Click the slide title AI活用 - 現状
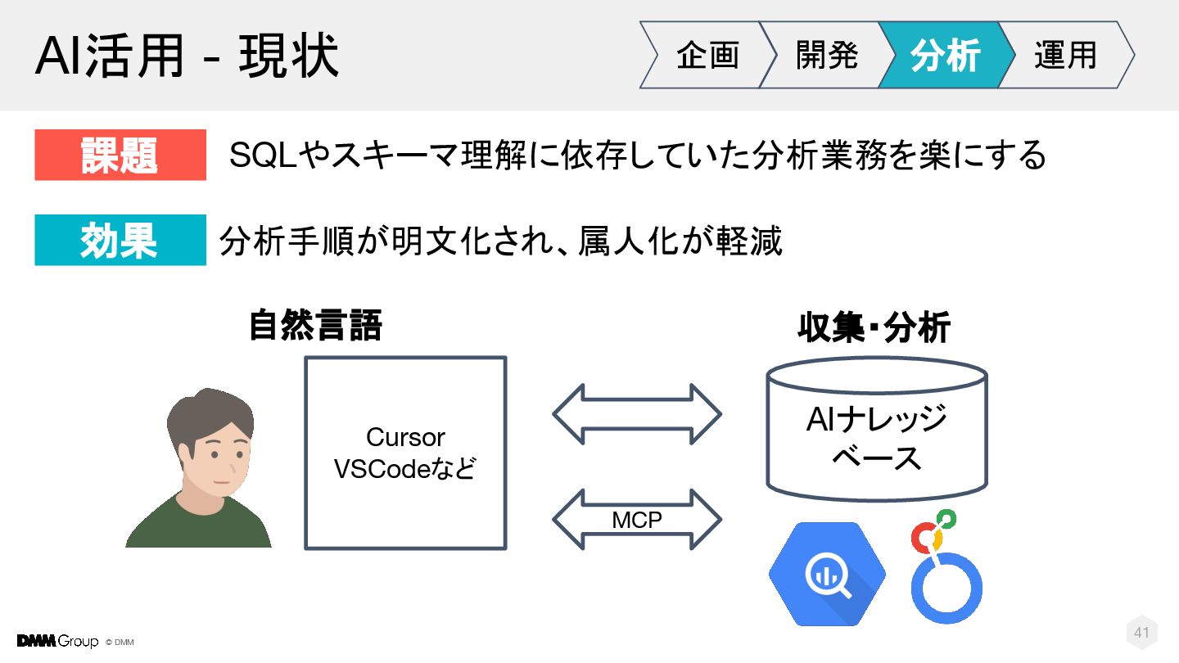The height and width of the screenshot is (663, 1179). click(x=187, y=56)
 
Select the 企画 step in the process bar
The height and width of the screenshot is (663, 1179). click(x=707, y=56)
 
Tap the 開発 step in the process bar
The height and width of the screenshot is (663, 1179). click(x=827, y=56)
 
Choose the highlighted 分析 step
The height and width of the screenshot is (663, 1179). click(x=945, y=56)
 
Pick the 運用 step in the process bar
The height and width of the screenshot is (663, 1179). click(x=1064, y=56)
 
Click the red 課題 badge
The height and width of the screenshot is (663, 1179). click(x=120, y=155)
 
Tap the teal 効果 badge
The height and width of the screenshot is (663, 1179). click(x=120, y=241)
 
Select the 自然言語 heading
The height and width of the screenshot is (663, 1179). click(x=315, y=327)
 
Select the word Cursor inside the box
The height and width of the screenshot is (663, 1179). click(x=405, y=437)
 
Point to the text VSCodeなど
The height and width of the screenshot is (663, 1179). click(x=405, y=469)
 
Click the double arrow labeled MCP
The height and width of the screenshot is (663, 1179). click(x=637, y=520)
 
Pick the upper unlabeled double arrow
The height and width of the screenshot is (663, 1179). click(x=637, y=414)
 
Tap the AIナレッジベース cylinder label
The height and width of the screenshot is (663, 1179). click(x=876, y=438)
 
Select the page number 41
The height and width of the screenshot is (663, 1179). click(x=1141, y=632)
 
